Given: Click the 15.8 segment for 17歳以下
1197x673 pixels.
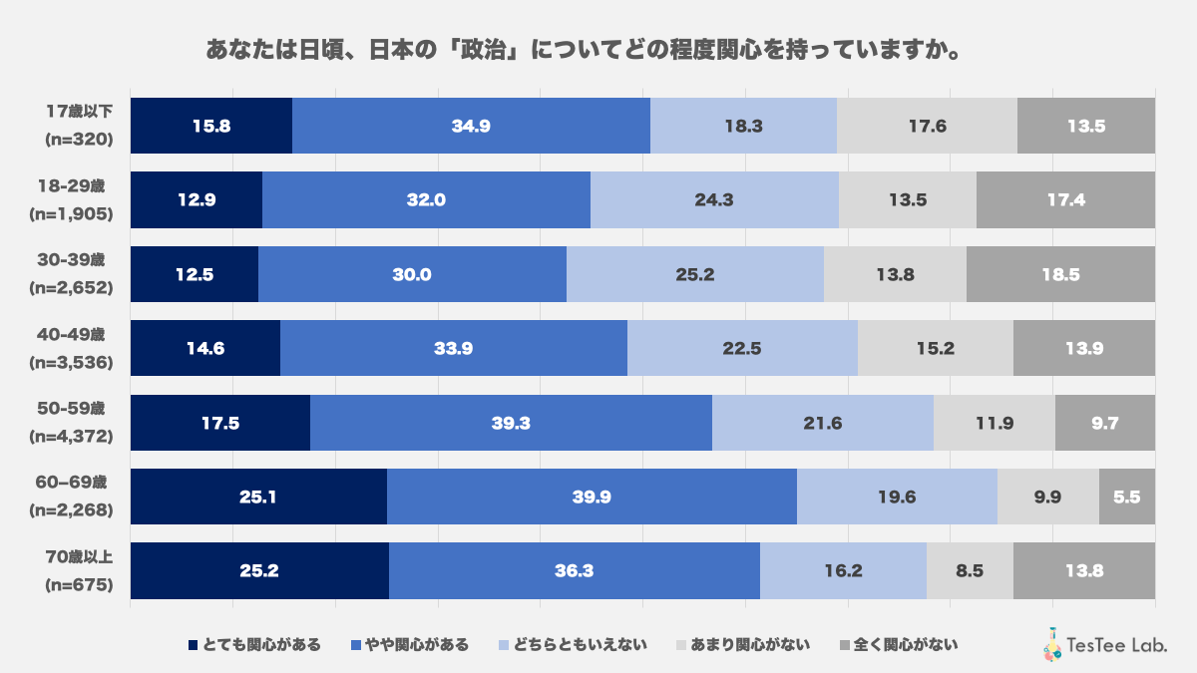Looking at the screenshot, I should (x=210, y=126).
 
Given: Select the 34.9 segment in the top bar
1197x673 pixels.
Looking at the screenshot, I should (x=471, y=126).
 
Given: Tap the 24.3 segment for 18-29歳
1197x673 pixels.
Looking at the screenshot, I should (x=714, y=199).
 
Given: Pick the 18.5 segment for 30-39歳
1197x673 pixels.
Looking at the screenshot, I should (x=1060, y=274).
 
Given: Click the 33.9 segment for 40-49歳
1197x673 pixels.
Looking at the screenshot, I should (x=454, y=348).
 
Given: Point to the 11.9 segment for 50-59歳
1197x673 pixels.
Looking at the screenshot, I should (x=994, y=423).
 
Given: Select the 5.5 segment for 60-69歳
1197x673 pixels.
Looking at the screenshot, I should (x=1127, y=497).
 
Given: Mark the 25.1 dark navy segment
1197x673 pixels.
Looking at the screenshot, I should (x=258, y=497).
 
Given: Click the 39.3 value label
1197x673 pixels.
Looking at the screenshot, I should (x=511, y=423).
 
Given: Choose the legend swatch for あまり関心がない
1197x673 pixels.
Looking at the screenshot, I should (x=682, y=644).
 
